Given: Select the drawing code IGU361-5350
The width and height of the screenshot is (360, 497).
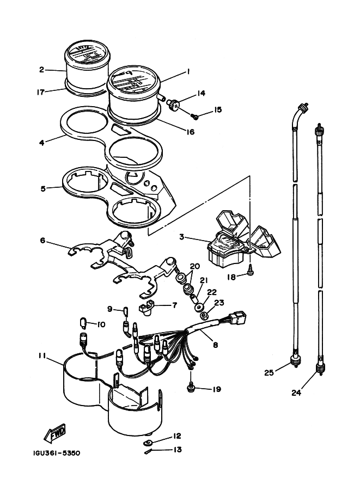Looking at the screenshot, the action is coord(57,453).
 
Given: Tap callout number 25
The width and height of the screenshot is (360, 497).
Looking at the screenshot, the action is coord(269,373).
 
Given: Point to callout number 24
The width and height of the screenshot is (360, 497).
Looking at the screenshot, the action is coord(296,392).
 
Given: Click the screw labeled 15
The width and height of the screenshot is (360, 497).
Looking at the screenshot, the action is coord(195,116).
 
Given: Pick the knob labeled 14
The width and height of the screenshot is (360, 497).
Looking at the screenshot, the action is coord(173,105).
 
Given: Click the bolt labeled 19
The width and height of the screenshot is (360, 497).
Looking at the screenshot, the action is coord(191,388).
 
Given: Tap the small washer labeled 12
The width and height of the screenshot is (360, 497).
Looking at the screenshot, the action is coord(148,443).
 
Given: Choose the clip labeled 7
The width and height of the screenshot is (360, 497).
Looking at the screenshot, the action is coord(146,309).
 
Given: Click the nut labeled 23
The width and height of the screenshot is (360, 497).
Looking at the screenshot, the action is coord(203,315).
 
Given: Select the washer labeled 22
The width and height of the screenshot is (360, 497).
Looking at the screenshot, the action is coord(199,308).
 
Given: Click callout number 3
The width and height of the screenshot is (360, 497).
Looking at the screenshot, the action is coord(181,237).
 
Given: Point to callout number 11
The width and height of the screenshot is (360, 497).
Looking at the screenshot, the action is coord(42,356).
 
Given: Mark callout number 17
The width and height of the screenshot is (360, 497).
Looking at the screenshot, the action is coord(41,93).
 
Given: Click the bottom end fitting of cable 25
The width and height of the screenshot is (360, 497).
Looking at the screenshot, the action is coord(296,360).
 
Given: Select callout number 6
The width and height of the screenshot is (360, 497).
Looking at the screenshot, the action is coord(43,241).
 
